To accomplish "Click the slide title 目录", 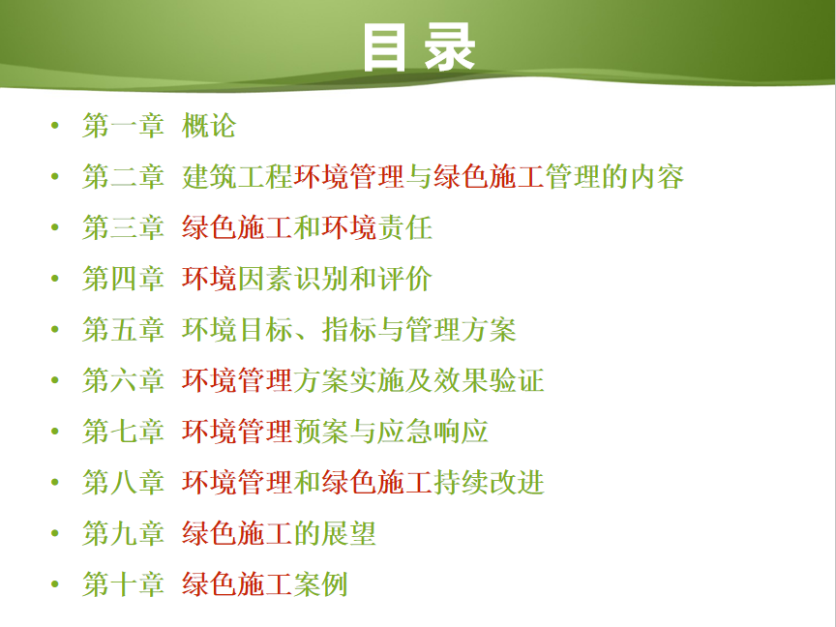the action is (x=419, y=47).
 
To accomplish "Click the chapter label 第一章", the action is (x=123, y=126).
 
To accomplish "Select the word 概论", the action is (x=209, y=126).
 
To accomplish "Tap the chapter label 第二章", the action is (x=123, y=176).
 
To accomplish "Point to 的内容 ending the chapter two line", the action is (x=642, y=176).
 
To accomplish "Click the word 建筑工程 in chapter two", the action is (x=237, y=176).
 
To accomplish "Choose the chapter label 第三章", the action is (x=123, y=227).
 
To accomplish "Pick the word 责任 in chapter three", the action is (x=405, y=227).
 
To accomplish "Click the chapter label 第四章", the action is (x=123, y=279).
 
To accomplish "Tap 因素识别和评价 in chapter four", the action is (x=335, y=279).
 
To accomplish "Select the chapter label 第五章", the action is (x=123, y=330).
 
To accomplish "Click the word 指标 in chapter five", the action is (x=349, y=330).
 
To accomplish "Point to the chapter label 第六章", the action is (x=123, y=380).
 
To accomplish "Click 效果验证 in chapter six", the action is (x=489, y=380).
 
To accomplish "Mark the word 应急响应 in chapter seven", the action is (x=433, y=432).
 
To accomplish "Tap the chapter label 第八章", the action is (x=123, y=482).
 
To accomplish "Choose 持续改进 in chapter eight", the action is (x=489, y=482).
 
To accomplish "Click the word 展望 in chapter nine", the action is (x=349, y=533).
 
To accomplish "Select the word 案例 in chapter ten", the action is (x=321, y=583).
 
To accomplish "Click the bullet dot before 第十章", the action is (x=55, y=584).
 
